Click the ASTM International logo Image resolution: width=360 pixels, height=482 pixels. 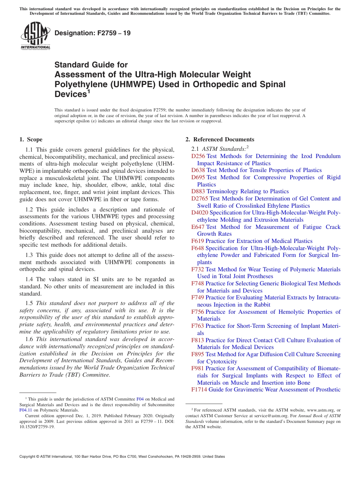coord(35,36)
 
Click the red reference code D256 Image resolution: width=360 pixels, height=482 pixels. coord(198,156)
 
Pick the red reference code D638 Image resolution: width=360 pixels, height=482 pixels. coord(198,170)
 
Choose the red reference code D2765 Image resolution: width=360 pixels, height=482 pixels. coord(200,199)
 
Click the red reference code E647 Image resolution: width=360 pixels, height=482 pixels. coord(198,227)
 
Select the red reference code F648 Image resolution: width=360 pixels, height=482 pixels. coord(198,248)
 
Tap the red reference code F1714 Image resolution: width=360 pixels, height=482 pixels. coord(199,390)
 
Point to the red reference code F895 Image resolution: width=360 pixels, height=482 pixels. coord(198,354)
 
